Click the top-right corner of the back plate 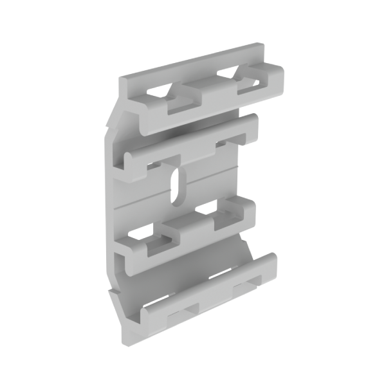click(261, 47)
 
